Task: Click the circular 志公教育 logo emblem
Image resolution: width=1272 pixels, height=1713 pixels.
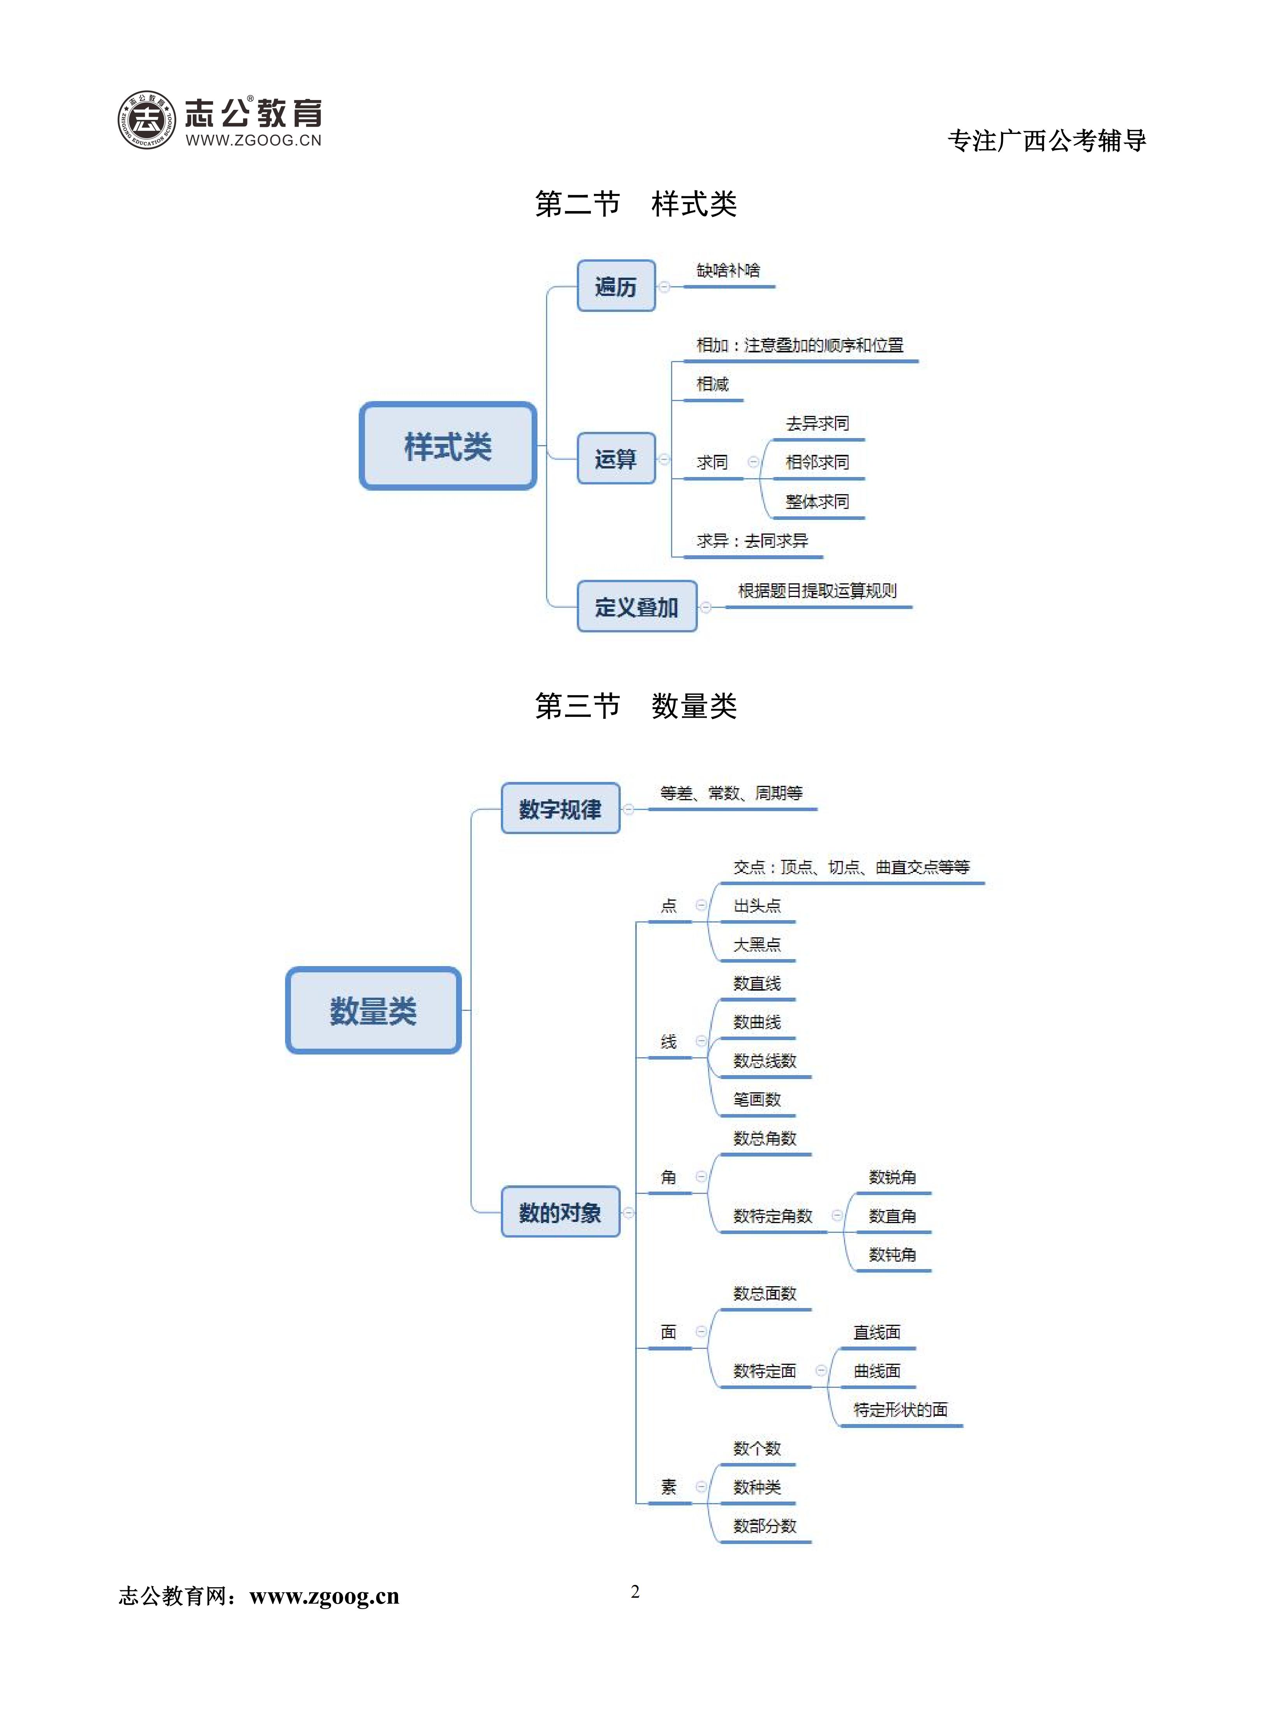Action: coord(146,120)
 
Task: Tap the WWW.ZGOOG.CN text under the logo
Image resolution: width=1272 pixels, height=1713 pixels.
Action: coord(253,140)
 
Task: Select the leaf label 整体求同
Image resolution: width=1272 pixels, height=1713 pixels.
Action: coord(817,502)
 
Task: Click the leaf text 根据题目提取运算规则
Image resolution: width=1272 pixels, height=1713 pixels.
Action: coord(817,590)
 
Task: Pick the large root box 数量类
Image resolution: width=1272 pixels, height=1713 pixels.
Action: coord(373,1010)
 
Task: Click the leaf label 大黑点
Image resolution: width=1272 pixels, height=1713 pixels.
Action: coord(757,945)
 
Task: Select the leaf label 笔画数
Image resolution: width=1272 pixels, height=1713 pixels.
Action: coord(757,1099)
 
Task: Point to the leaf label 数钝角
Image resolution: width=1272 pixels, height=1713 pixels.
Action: coord(892,1255)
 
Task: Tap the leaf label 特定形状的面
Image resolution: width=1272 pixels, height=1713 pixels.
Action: coord(900,1410)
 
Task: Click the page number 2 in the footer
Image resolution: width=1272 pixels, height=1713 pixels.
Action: coord(635,1592)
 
